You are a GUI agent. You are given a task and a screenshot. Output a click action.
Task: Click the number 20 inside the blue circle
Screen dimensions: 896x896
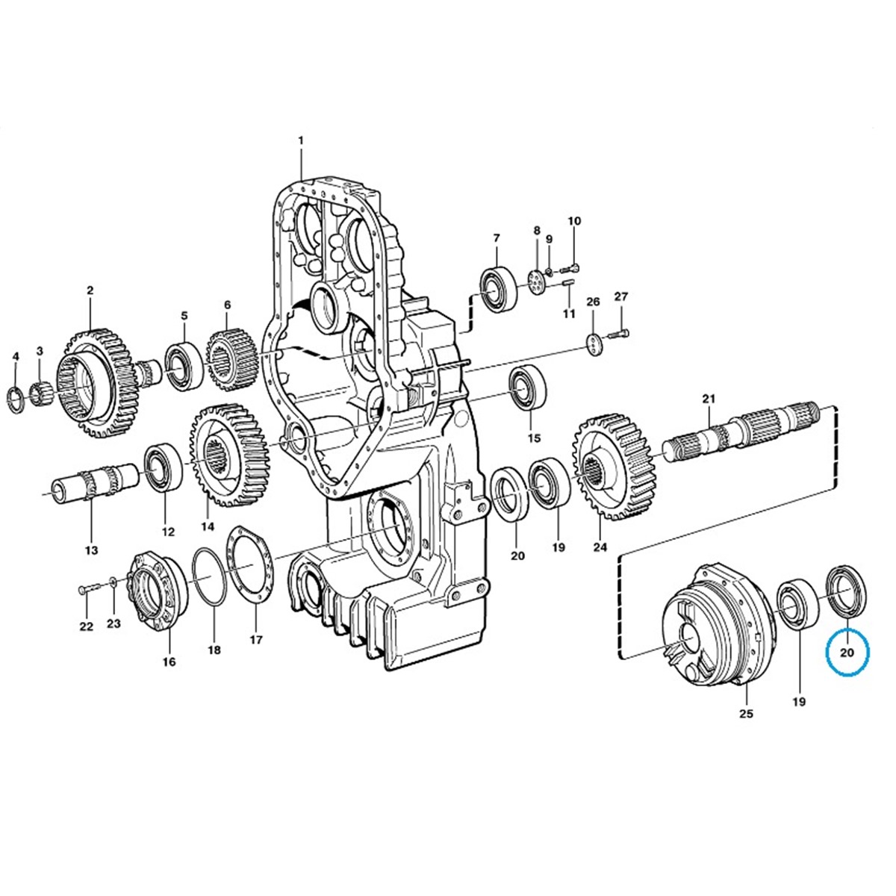point(847,653)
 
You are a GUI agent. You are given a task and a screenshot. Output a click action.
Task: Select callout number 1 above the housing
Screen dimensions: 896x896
point(301,140)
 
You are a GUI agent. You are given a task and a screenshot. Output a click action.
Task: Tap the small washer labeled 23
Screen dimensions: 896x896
point(113,582)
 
